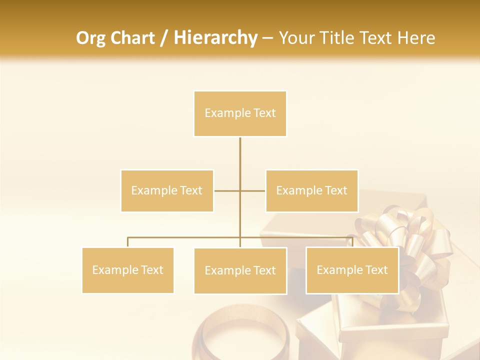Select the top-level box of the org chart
tap(240, 113)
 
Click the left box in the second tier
tap(167, 190)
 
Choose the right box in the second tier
tap(311, 190)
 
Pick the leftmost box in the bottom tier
tap(127, 270)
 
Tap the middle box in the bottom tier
tap(240, 270)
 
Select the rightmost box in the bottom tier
tap(352, 270)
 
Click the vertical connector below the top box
tap(240, 160)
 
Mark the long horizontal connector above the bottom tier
tap(185, 237)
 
